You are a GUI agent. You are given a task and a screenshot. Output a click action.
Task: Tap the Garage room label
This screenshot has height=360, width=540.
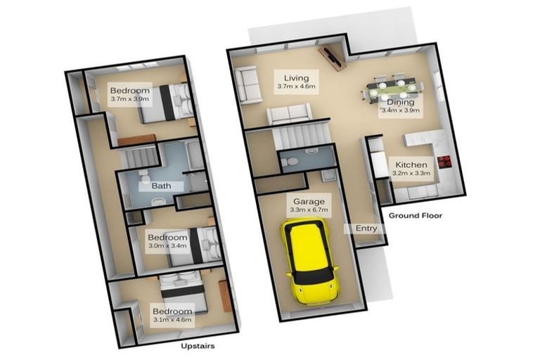pyautogui.click(x=309, y=201)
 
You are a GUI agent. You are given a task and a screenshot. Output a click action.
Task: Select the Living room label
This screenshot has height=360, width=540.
pyautogui.click(x=296, y=78)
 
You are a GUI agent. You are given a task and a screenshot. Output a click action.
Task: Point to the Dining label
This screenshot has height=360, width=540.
pyautogui.click(x=400, y=103)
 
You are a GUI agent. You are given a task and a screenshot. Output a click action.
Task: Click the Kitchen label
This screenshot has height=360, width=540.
pyautogui.click(x=411, y=165)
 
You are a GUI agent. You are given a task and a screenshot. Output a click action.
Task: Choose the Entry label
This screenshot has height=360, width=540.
pyautogui.click(x=366, y=228)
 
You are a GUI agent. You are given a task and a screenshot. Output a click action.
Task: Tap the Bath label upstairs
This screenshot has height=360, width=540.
pyautogui.click(x=161, y=186)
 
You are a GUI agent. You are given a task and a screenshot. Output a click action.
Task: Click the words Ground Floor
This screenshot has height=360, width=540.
pyautogui.click(x=416, y=216)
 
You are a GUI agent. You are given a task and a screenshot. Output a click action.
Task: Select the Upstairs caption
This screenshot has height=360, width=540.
pyautogui.click(x=198, y=346)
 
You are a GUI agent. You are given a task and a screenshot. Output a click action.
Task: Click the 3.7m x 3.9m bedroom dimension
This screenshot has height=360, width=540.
pyautogui.click(x=130, y=99)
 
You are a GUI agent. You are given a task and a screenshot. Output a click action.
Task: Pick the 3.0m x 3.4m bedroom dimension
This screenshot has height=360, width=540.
pyautogui.click(x=167, y=245)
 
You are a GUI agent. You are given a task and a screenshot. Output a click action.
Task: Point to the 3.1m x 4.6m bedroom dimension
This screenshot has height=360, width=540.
pyautogui.click(x=172, y=319)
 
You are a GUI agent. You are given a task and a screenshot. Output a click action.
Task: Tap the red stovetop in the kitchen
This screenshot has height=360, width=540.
pyautogui.click(x=444, y=162)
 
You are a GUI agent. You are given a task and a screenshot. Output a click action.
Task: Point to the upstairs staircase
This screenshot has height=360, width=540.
pyautogui.click(x=141, y=157)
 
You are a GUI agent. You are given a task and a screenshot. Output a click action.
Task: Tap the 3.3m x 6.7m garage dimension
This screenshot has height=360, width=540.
pyautogui.click(x=309, y=210)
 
